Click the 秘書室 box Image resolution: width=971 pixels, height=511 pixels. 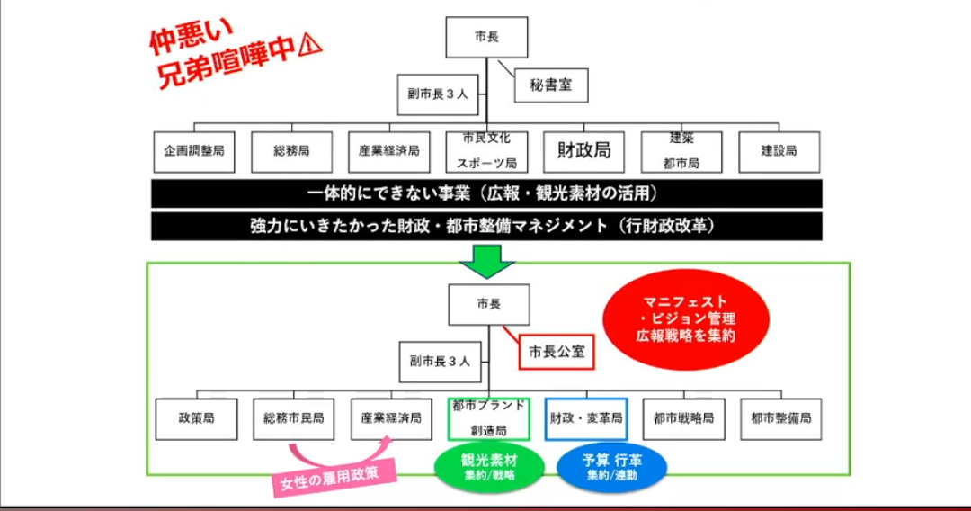(x=551, y=86)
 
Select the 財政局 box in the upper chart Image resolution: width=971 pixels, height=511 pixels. (x=583, y=151)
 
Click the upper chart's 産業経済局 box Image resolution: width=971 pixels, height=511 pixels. (x=388, y=151)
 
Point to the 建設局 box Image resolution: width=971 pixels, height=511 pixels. (x=779, y=151)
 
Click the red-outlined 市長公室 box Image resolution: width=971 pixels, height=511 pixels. (x=557, y=351)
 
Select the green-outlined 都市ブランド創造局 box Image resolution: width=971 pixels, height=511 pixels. (x=488, y=418)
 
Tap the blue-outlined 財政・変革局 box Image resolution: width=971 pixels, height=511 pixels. (x=586, y=418)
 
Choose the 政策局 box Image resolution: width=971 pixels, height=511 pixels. (x=195, y=418)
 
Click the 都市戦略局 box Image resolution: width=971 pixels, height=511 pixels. (x=683, y=418)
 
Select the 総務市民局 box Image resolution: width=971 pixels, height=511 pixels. (x=293, y=418)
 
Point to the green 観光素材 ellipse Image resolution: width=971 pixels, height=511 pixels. (x=489, y=464)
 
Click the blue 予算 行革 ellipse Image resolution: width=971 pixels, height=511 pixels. (x=611, y=464)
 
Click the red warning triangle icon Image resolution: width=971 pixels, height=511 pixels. (x=311, y=44)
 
